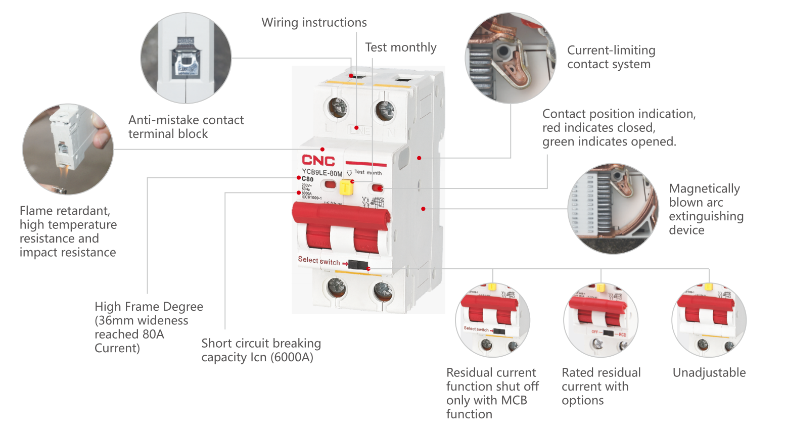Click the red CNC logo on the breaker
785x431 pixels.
[318, 161]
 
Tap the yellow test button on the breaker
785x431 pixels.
[346, 188]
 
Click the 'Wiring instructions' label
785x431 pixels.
[314, 23]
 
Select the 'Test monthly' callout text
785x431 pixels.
[400, 47]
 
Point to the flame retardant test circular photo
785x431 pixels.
[68, 149]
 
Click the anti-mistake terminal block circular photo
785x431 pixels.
[186, 58]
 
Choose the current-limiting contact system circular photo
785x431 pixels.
[511, 58]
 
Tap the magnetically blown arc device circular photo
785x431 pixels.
[613, 208]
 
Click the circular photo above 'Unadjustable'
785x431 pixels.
[709, 320]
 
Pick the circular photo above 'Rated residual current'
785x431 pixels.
[601, 320]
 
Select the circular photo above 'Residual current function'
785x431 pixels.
[492, 320]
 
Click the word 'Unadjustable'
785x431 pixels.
[709, 373]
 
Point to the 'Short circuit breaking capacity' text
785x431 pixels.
[261, 344]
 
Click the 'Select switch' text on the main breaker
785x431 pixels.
[319, 261]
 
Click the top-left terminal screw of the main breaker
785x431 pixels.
[338, 107]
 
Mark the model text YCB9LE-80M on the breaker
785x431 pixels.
[322, 173]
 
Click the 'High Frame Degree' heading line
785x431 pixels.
[149, 307]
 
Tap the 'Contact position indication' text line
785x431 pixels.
[619, 114]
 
